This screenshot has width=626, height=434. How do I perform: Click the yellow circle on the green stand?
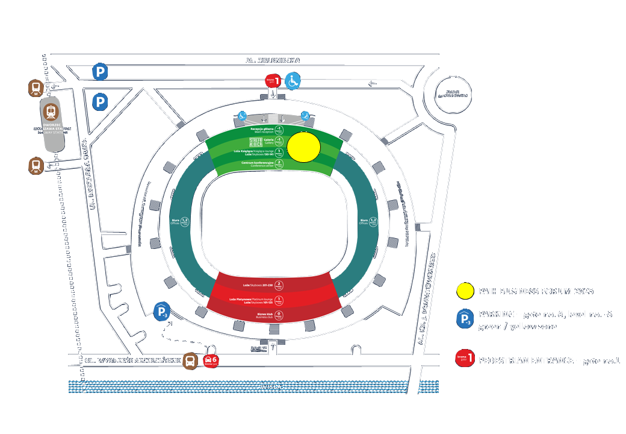pos(303,147)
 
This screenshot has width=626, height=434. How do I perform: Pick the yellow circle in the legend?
pos(464,291)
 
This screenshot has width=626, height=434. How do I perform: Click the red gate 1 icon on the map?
pos(273,80)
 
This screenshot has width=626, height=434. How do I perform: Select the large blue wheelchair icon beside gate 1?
pos(293,80)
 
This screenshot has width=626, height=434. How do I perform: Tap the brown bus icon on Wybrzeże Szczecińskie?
pos(190,361)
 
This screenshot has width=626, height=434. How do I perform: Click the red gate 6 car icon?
pos(211,362)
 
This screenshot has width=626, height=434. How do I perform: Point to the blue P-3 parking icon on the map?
pos(162,312)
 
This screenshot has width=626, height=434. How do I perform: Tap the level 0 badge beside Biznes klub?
pos(279,315)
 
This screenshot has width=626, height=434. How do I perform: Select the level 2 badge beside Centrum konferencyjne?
pos(279,164)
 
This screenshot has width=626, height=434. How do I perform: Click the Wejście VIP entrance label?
pos(258,349)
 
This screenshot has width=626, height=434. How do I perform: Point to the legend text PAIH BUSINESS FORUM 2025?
pos(536,291)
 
